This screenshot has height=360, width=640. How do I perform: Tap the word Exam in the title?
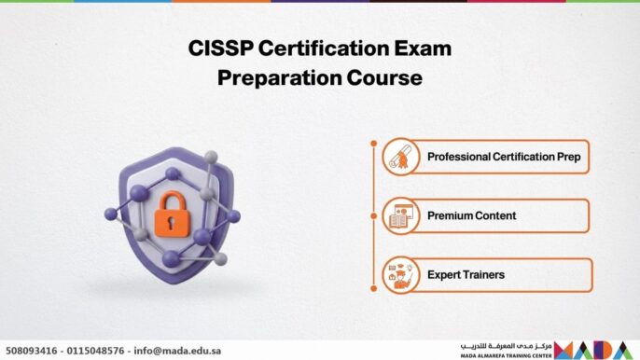(x=422, y=49)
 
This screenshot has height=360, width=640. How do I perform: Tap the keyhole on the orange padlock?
(x=171, y=219)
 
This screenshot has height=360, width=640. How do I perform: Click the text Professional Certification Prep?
(x=503, y=157)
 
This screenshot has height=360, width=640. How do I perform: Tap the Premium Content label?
(x=471, y=216)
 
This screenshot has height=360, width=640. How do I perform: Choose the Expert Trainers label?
(x=466, y=275)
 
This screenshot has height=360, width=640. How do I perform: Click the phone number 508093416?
(x=33, y=351)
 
